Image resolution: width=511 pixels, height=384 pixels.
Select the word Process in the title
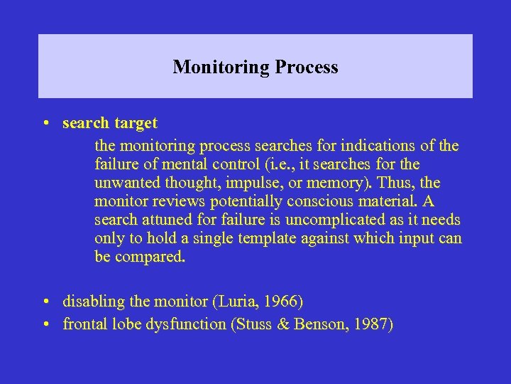click(307, 68)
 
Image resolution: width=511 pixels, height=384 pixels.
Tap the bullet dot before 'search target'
click(45, 123)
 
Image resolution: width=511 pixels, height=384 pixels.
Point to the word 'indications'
click(378, 146)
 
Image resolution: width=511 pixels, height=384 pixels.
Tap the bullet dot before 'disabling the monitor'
click(45, 302)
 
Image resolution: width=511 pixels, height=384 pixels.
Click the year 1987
click(374, 325)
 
